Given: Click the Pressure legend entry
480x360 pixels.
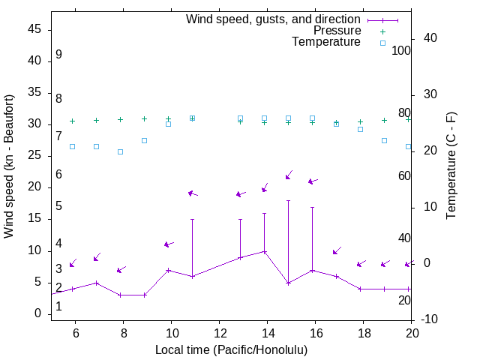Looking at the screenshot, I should pyautogui.click(x=337, y=31).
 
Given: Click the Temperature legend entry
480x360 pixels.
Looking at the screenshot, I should pyautogui.click(x=326, y=42).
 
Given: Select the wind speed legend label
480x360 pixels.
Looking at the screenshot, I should pyautogui.click(x=274, y=19).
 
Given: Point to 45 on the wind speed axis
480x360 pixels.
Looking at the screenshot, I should pyautogui.click(x=34, y=29).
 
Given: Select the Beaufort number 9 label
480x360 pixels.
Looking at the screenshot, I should pyautogui.click(x=58, y=55).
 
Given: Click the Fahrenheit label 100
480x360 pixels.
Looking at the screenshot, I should pyautogui.click(x=401, y=50).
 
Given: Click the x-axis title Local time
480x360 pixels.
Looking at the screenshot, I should pyautogui.click(x=231, y=349).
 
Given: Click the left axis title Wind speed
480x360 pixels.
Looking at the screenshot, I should pyautogui.click(x=9, y=166).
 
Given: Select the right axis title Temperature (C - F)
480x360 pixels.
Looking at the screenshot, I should pyautogui.click(x=451, y=166).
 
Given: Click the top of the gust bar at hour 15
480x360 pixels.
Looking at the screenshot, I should pyautogui.click(x=288, y=200).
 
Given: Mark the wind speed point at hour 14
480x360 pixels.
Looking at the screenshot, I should pyautogui.click(x=264, y=251).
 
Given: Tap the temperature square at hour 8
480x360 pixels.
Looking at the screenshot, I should pyautogui.click(x=120, y=151).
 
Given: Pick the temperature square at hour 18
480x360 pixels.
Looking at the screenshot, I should pyautogui.click(x=360, y=129).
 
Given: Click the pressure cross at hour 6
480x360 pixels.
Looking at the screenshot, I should pyautogui.click(x=73, y=121).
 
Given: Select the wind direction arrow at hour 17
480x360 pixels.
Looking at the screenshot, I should pyautogui.click(x=337, y=250).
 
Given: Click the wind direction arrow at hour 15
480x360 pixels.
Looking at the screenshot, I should pyautogui.click(x=289, y=175).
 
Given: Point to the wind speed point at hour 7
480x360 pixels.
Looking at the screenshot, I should pyautogui.click(x=97, y=283).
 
